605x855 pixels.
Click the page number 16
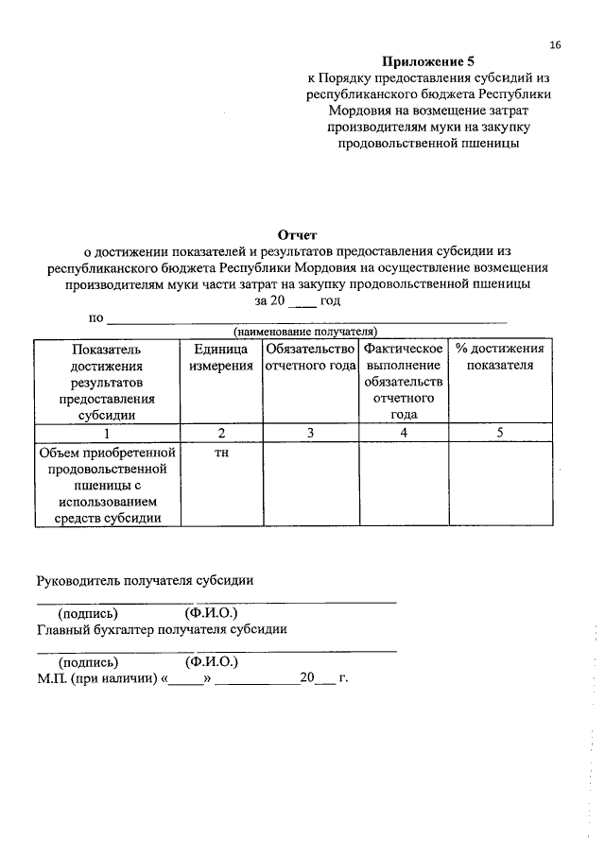point(555,44)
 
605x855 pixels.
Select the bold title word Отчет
point(298,234)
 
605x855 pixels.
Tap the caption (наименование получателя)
point(305,332)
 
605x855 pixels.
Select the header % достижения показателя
point(499,357)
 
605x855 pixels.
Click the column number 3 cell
point(309,433)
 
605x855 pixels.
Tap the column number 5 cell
point(499,433)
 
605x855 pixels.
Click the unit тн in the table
point(221,453)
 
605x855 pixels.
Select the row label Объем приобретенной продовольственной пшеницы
point(107,485)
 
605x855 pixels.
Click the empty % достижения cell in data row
point(499,484)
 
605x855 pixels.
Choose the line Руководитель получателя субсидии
point(145,580)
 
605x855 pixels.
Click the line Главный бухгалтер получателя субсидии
point(162,628)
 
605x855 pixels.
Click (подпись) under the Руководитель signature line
point(88,612)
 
